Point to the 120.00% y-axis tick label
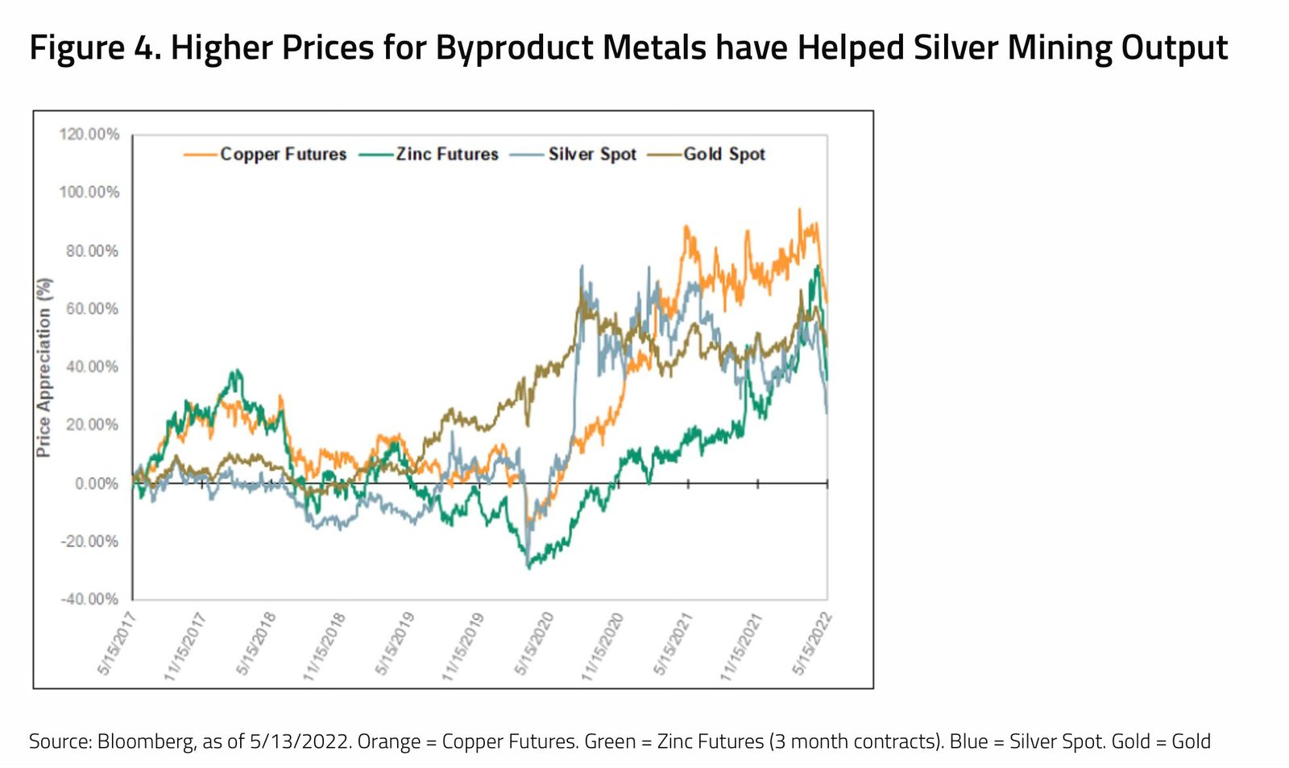[x=89, y=134]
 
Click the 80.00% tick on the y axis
[x=91, y=251]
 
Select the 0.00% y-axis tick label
[x=96, y=483]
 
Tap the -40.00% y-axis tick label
[x=89, y=599]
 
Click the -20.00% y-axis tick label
[x=89, y=541]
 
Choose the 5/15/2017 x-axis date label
[x=118, y=643]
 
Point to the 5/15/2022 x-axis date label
[x=812, y=643]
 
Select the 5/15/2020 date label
[x=534, y=643]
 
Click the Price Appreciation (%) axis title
[x=44, y=367]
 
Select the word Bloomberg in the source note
[x=145, y=741]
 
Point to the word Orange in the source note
[x=388, y=741]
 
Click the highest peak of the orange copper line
[x=799, y=209]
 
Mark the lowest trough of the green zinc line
[x=528, y=568]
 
